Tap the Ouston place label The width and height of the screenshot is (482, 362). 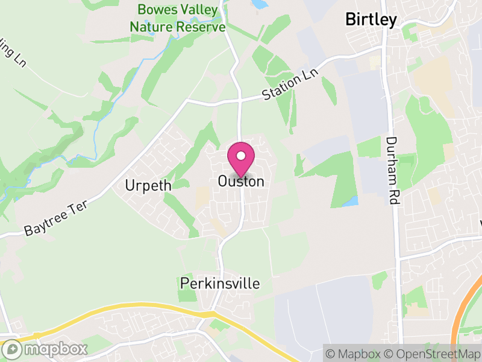241,181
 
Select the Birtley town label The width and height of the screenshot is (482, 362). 371,19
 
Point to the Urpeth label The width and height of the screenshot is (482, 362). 148,185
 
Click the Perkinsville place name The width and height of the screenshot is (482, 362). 219,283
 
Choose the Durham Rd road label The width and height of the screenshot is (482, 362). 393,171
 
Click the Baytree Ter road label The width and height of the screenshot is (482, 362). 57,218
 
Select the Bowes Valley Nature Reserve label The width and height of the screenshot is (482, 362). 178,18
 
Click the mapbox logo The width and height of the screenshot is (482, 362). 45,349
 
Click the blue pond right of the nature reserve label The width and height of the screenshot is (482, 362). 259,4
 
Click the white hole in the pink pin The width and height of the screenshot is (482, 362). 241,156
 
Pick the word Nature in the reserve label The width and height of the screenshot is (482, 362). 152,27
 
